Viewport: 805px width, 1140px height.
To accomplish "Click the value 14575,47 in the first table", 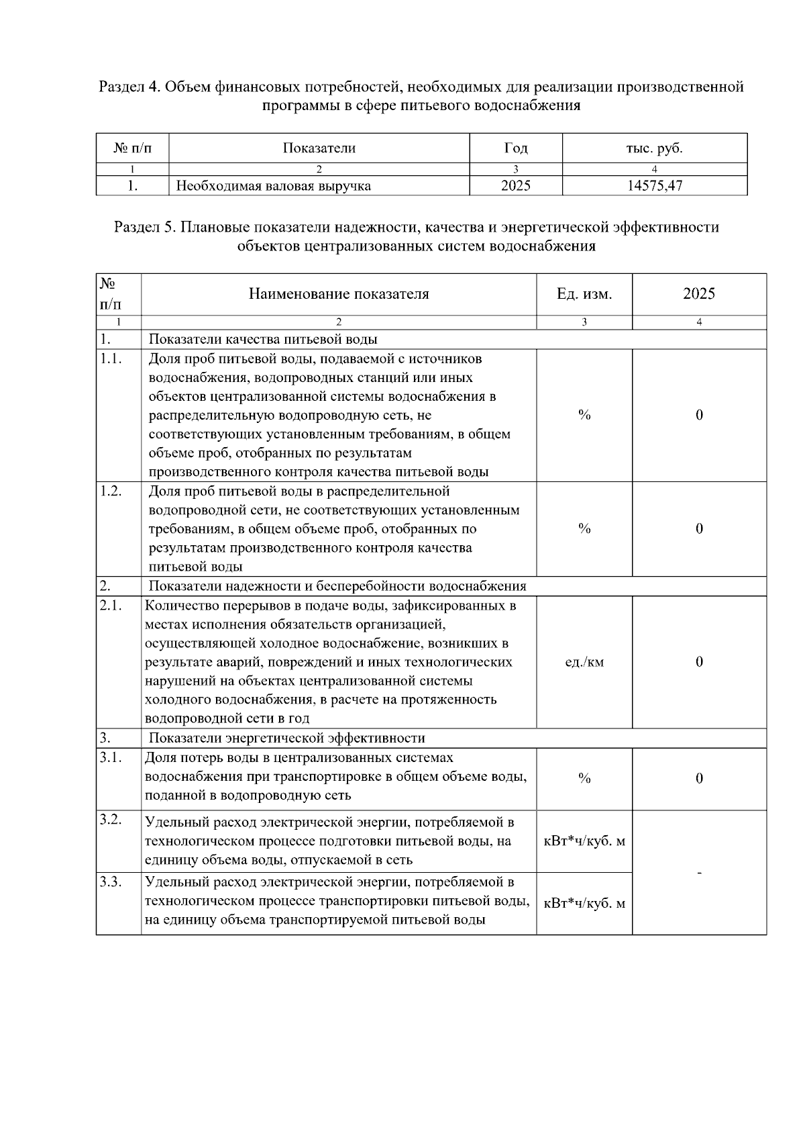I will (654, 186).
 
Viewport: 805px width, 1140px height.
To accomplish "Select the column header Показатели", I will (319, 148).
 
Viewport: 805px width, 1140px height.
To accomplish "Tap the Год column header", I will (515, 148).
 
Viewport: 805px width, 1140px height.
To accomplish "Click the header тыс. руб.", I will (654, 148).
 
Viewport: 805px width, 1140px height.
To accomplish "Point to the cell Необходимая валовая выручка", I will (273, 186).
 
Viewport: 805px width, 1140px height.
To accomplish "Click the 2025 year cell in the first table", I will (515, 186).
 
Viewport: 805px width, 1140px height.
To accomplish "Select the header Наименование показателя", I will (338, 294).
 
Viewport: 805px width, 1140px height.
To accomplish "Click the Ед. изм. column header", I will (584, 294).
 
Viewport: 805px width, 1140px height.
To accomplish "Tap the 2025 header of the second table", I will (699, 294).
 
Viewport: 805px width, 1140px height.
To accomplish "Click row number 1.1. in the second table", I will (111, 359).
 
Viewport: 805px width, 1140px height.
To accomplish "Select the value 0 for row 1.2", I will (699, 528).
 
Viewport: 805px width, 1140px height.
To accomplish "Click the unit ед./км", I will (584, 662).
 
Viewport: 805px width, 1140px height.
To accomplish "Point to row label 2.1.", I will (111, 606).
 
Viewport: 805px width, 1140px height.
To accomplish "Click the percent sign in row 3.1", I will (584, 778).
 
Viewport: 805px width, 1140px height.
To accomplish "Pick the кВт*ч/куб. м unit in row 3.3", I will (584, 903).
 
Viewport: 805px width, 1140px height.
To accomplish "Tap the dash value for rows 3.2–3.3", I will (699, 872).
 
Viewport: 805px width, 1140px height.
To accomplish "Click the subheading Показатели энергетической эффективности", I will (286, 739).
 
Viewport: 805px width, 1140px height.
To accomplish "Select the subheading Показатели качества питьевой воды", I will (263, 339).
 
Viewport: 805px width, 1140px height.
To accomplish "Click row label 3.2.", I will (111, 820).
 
